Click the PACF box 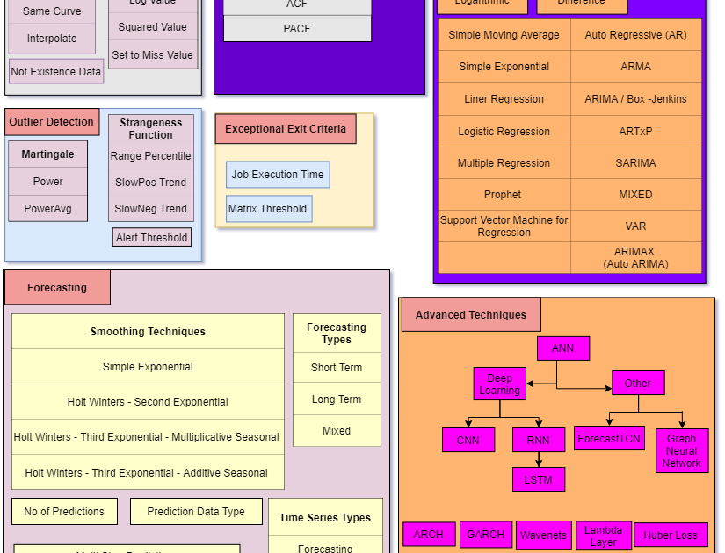(297, 29)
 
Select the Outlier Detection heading (52, 122)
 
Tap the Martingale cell (48, 154)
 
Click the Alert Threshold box (152, 238)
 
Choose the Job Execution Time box (278, 175)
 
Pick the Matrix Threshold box (268, 209)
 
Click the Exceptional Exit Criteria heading (286, 129)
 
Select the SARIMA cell (635, 163)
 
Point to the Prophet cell (503, 195)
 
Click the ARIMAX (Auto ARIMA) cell (635, 258)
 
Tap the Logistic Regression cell (504, 132)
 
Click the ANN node (562, 348)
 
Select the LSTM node (539, 479)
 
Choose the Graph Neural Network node (681, 451)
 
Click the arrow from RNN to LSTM (539, 459)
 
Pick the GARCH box (485, 535)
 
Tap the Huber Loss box (671, 535)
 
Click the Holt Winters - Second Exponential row (148, 402)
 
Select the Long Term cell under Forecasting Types (337, 399)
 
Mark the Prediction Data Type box (196, 512)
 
